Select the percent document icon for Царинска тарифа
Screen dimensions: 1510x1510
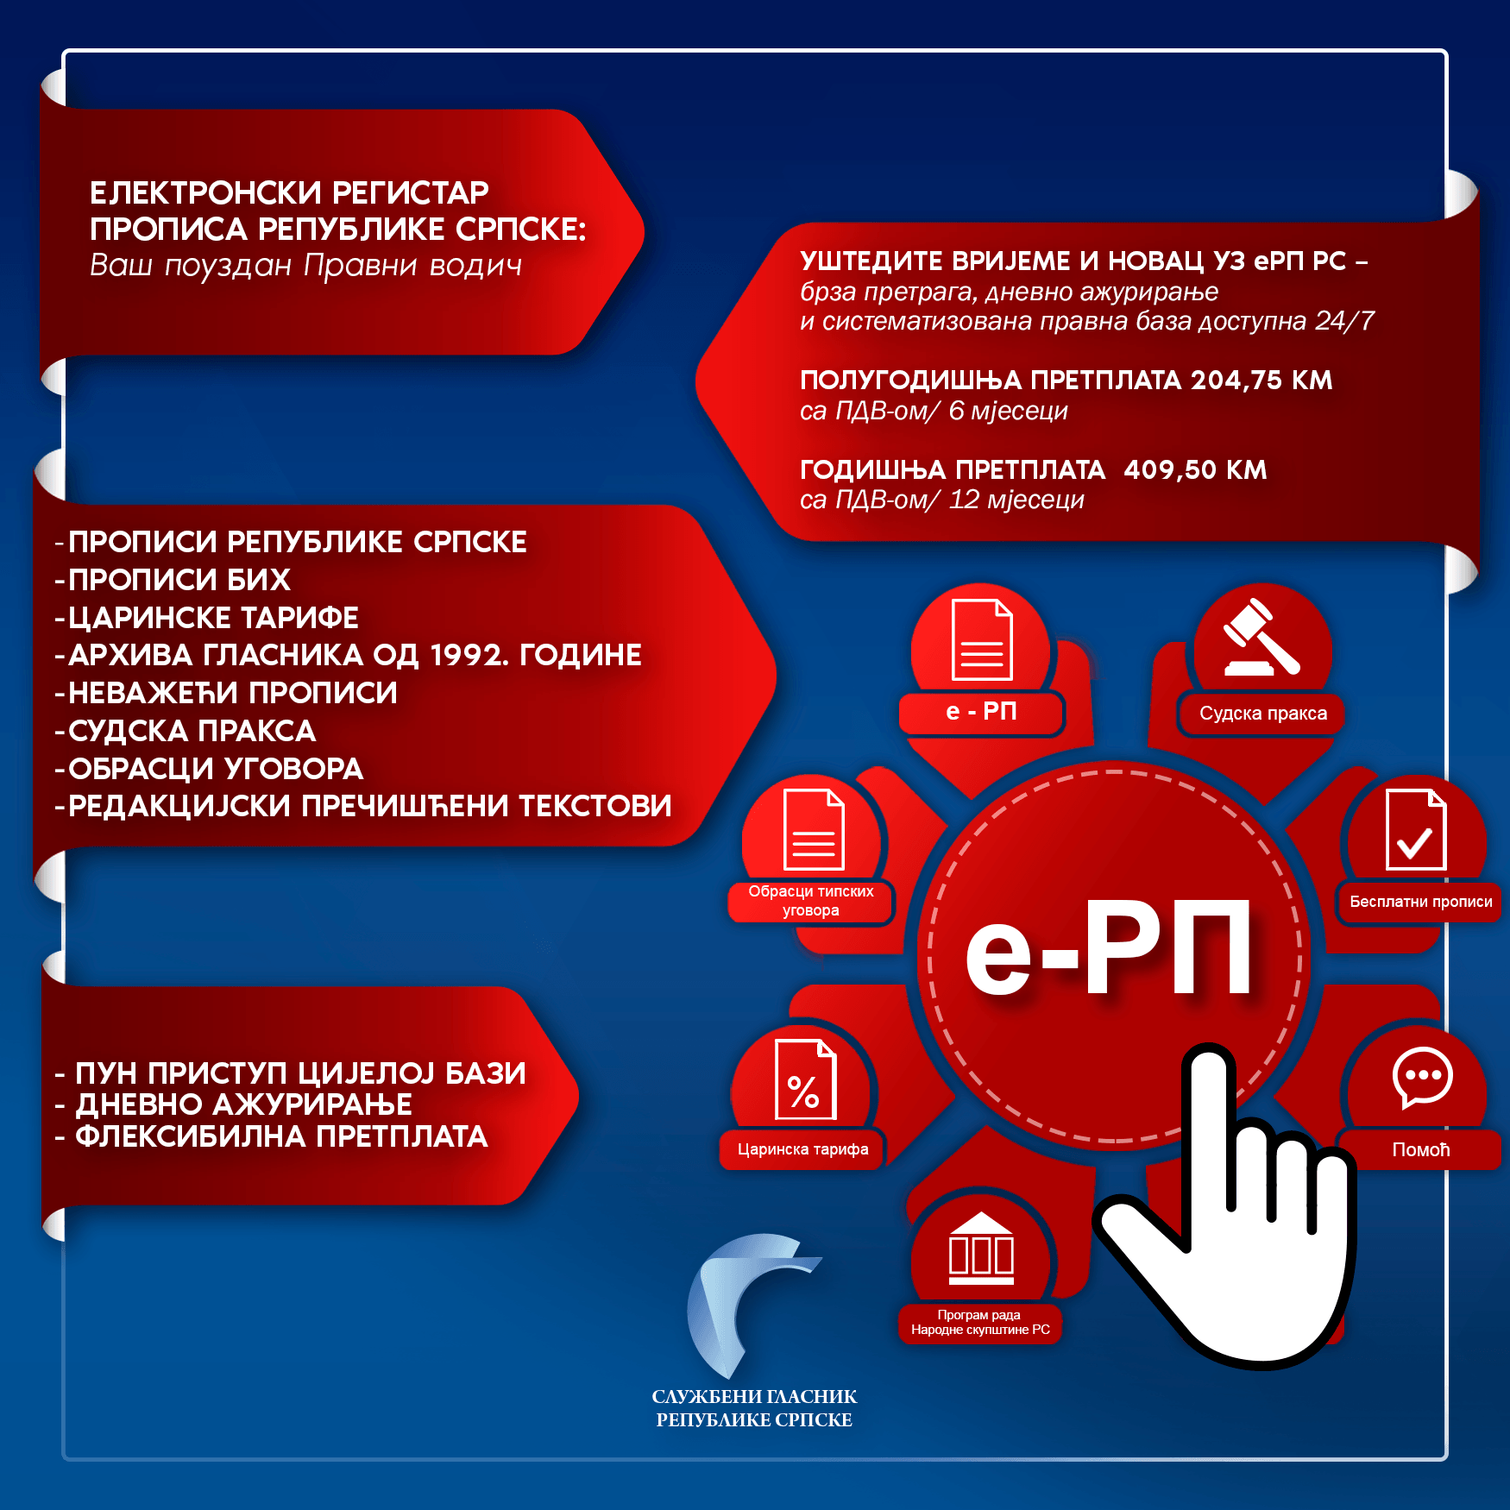pyautogui.click(x=805, y=1079)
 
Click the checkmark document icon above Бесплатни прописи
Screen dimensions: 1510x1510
pyautogui.click(x=1415, y=830)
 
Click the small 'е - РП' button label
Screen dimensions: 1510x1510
pyautogui.click(x=981, y=712)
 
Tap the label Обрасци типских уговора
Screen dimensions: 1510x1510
pyautogui.click(x=811, y=901)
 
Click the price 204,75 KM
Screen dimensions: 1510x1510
pyautogui.click(x=1261, y=381)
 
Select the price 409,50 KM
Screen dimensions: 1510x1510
pyautogui.click(x=1195, y=470)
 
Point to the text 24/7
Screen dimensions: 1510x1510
pyautogui.click(x=1344, y=321)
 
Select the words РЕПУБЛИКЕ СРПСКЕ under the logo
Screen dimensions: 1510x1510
pyautogui.click(x=754, y=1420)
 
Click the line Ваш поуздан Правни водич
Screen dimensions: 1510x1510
pyautogui.click(x=306, y=266)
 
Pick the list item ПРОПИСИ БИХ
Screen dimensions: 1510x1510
pyautogui.click(x=179, y=580)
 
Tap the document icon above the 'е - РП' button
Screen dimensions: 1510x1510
pyautogui.click(x=982, y=639)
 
